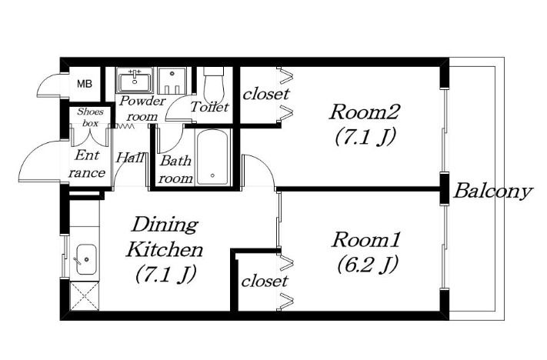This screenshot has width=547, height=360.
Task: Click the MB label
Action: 85,84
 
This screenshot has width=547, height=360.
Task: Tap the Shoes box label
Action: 90,118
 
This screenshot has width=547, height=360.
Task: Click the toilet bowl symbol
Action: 214,85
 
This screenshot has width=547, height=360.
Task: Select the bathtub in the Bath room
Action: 212,158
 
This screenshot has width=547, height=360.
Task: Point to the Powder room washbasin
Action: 135,81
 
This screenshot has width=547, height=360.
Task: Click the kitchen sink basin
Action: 86,259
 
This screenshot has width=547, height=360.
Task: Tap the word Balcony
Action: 493,192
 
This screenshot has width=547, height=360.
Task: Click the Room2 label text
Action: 363,112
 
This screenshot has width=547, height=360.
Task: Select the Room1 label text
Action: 365,240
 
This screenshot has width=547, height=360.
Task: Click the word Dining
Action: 165,225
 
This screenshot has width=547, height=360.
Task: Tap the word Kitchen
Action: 165,249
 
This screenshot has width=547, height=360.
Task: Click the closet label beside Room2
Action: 266,94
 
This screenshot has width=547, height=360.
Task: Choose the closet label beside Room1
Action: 265,281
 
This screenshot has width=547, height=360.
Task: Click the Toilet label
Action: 209,106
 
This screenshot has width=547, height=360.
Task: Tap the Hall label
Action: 130,158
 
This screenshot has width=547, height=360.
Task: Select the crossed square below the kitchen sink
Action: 85,296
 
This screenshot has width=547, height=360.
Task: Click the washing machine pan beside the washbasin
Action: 172,81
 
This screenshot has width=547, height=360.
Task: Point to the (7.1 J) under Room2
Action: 365,137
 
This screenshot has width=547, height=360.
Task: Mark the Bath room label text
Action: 176,170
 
